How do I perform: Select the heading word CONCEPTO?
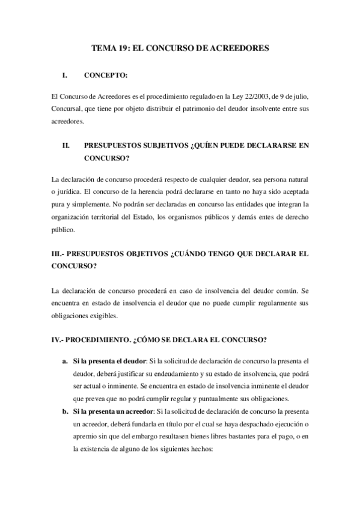pos(106,76)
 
